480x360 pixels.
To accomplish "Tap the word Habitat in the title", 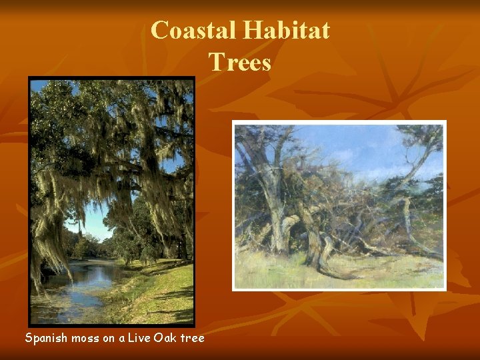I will (x=286, y=31).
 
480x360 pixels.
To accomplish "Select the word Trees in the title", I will (x=240, y=62).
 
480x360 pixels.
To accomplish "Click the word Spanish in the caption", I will (x=46, y=338).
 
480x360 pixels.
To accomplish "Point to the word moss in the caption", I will (x=85, y=338).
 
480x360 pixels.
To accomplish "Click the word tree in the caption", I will (x=191, y=338).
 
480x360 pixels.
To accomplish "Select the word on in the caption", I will (x=109, y=338).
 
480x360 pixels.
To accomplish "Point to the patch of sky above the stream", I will (x=93, y=223).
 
